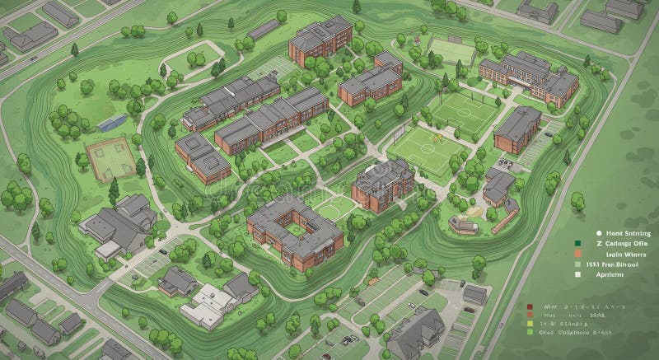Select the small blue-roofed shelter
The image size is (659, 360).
[x=112, y=124]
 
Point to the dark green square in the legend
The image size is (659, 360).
[x=577, y=243]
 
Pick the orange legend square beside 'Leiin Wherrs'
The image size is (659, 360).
[x=577, y=255]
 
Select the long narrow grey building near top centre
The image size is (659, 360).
[x=263, y=30]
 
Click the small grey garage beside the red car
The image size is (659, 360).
[x=474, y=294]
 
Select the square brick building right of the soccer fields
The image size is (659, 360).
[x=517, y=129]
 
